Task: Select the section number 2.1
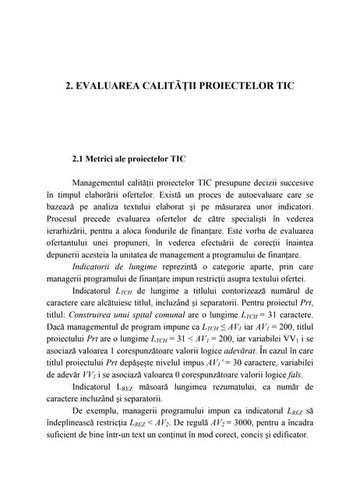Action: pos(81,158)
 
